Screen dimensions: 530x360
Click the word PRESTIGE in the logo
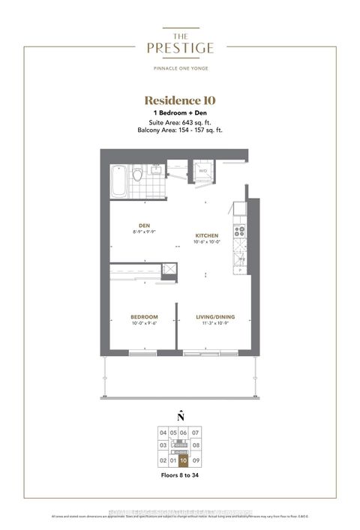[180, 48]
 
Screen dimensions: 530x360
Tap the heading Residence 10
[180, 100]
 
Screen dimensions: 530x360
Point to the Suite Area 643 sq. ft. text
[180, 121]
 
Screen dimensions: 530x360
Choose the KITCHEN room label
[207, 235]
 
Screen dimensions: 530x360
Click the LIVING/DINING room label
[216, 317]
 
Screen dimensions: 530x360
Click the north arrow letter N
[180, 417]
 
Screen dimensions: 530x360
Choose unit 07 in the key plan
[196, 433]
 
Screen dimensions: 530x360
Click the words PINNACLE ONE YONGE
[180, 70]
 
